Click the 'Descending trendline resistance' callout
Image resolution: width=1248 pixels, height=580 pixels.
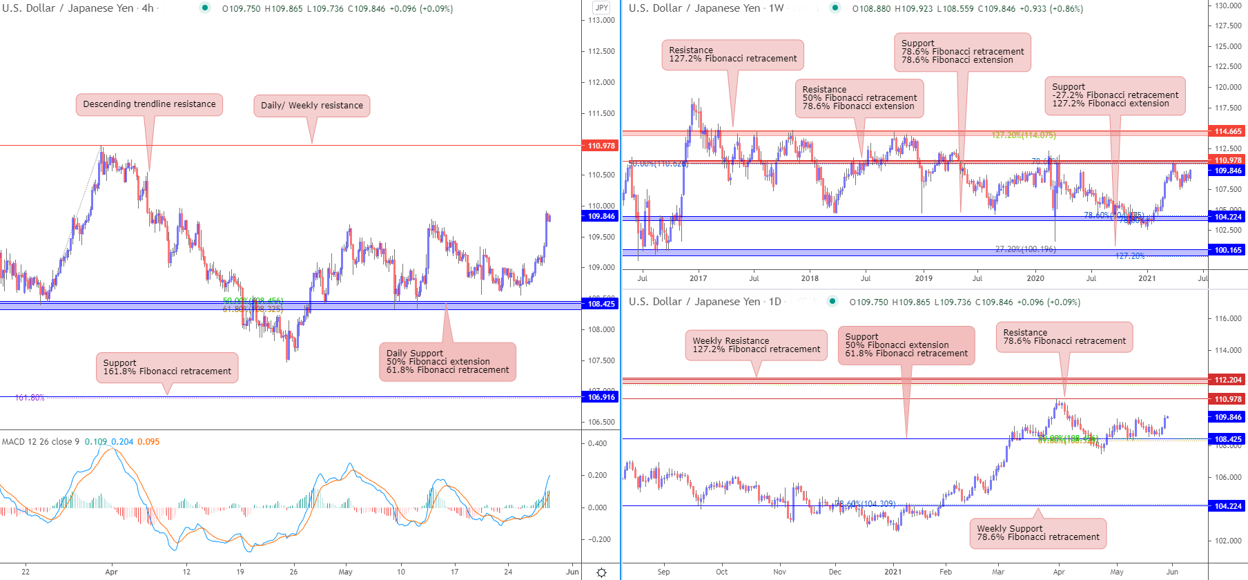149,104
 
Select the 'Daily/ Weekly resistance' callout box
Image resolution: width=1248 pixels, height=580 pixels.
311,106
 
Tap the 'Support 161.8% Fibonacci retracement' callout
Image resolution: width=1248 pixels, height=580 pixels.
167,367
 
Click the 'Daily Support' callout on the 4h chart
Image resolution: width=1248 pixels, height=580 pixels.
447,362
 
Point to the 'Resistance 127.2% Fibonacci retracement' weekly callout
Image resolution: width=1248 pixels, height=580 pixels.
732,55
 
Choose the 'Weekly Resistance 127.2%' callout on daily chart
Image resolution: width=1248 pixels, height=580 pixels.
756,345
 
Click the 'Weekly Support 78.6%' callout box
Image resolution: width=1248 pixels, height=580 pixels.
1037,533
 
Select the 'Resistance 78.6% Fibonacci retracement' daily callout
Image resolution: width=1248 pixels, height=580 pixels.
1064,337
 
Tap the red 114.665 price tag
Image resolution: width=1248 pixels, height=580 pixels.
1227,131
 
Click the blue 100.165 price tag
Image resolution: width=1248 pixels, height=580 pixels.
1227,250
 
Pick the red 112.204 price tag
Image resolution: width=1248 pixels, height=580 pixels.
1227,380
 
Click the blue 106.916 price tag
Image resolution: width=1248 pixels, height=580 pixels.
601,397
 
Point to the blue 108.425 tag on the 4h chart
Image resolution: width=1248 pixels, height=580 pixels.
601,304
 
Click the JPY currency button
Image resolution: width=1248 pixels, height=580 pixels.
601,8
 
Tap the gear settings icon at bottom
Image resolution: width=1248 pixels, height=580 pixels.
601,572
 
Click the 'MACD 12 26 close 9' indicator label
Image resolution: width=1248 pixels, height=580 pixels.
41,442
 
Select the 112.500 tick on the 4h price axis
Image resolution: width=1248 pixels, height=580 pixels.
601,51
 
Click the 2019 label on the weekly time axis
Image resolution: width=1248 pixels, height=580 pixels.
924,278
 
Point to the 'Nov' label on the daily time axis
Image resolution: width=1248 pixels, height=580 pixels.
779,572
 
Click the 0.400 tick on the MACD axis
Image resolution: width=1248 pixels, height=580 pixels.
598,443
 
